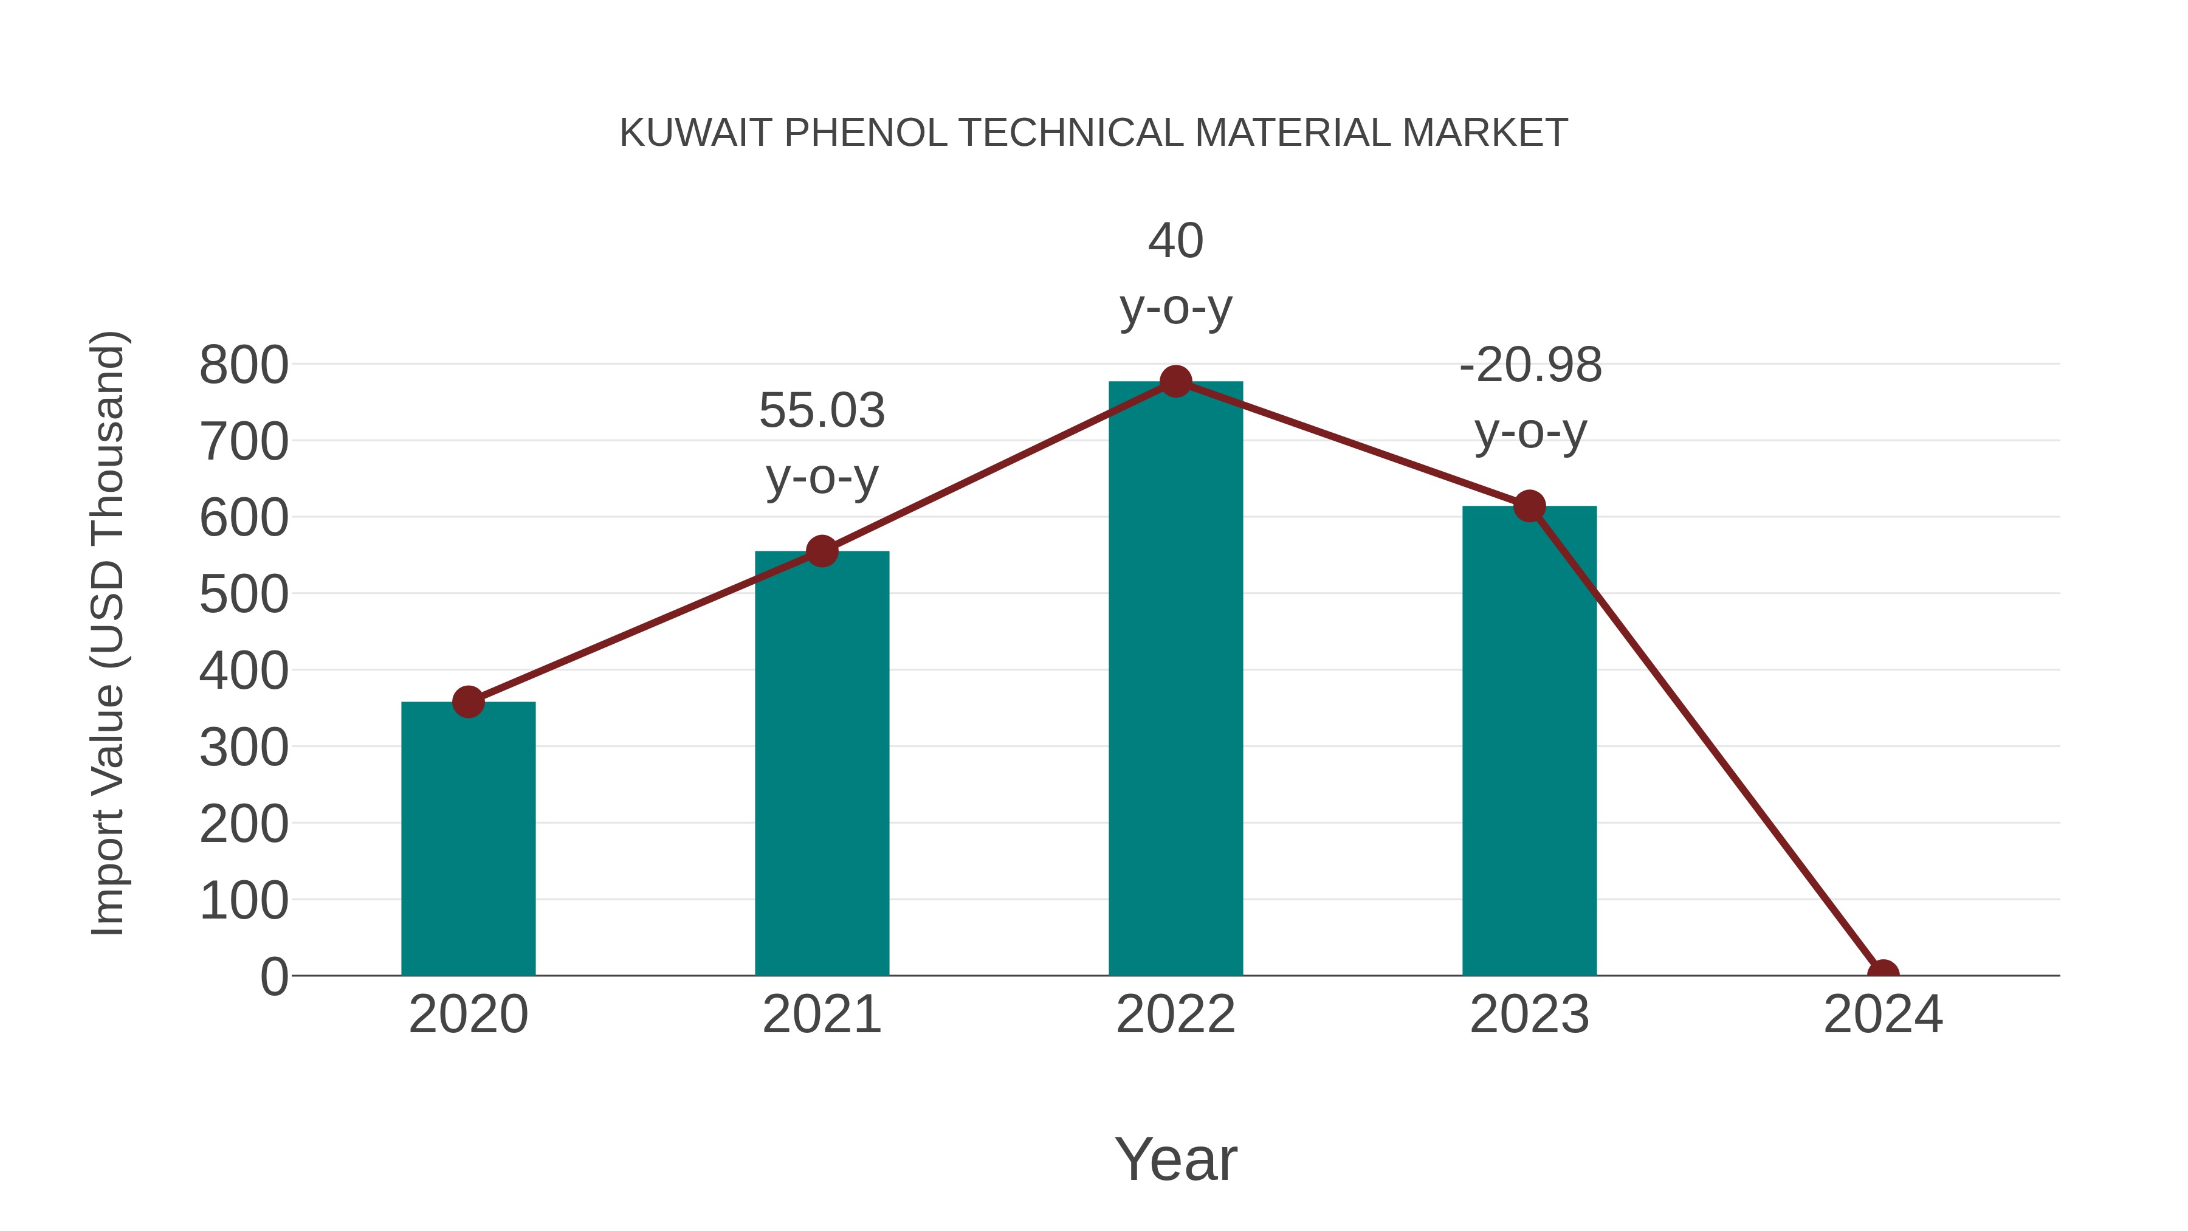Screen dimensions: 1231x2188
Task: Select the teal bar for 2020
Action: click(x=468, y=840)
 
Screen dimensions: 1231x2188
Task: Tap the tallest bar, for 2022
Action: click(x=1175, y=679)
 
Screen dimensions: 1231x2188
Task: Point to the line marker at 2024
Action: click(x=1883, y=974)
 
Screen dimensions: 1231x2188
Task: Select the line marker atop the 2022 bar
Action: click(x=1175, y=381)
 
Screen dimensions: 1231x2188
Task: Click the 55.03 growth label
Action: click(x=821, y=411)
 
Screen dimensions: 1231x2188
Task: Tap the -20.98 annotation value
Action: click(x=1530, y=366)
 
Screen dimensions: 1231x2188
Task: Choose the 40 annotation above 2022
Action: click(x=1175, y=241)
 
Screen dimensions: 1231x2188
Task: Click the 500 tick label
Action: click(x=244, y=596)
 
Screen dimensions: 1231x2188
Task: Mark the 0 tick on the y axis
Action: click(x=273, y=977)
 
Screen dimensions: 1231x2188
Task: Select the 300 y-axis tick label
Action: click(x=244, y=748)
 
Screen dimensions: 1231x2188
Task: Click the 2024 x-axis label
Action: click(x=1883, y=1015)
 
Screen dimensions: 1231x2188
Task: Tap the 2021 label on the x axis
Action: click(x=821, y=1015)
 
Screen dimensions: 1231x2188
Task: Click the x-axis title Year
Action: click(x=1175, y=1159)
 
